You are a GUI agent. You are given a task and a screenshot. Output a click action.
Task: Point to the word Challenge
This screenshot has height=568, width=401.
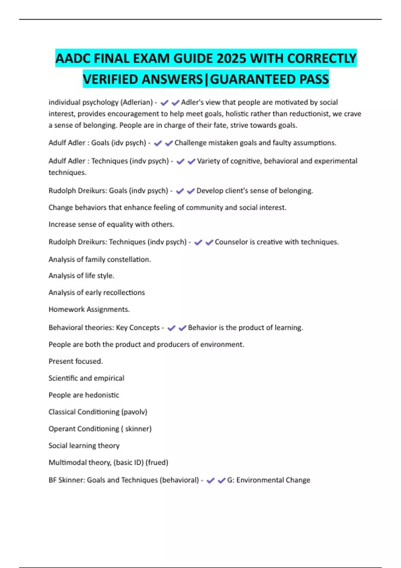click(x=190, y=143)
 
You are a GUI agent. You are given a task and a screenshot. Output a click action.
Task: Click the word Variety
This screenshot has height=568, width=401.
click(x=208, y=161)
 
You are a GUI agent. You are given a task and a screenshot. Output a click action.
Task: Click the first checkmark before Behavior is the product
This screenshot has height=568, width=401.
click(x=171, y=328)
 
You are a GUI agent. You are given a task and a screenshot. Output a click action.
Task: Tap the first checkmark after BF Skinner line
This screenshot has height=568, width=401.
click(x=211, y=480)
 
